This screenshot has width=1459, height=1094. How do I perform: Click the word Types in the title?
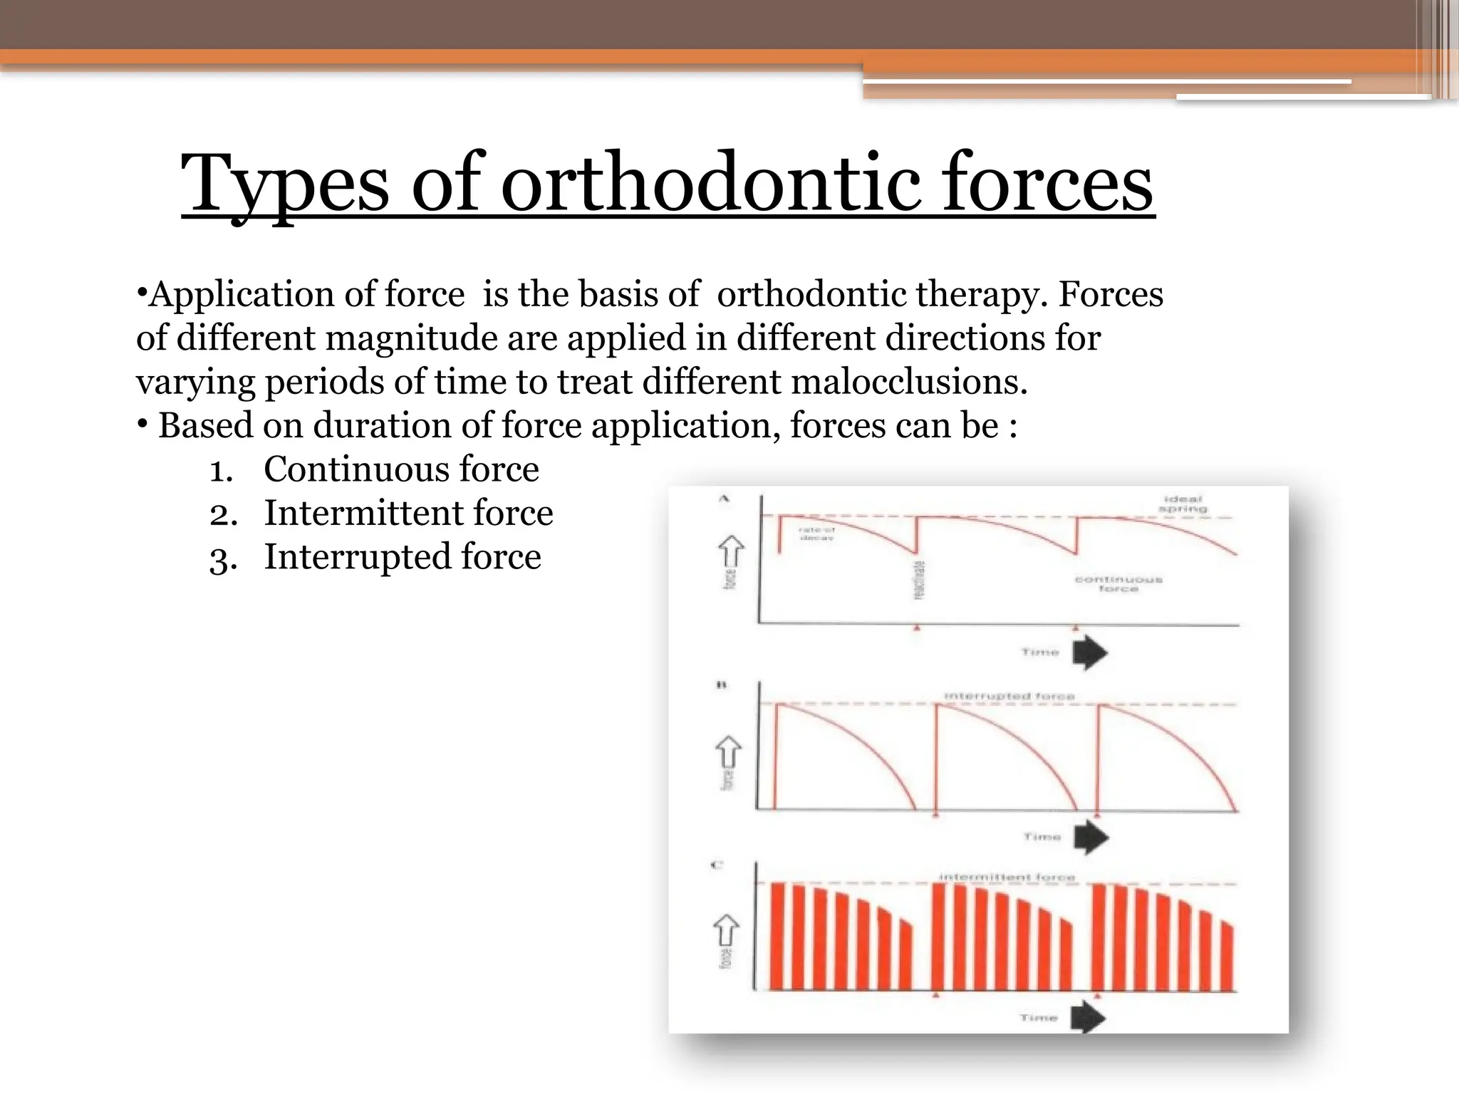(285, 184)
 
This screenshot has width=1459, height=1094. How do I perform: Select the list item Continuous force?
(401, 469)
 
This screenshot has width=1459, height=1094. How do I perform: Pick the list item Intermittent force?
(408, 513)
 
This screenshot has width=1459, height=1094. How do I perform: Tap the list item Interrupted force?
(403, 557)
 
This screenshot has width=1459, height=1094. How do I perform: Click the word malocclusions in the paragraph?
(909, 382)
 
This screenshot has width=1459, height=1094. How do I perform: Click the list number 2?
(222, 514)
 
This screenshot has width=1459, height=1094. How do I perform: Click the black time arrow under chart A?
(1090, 652)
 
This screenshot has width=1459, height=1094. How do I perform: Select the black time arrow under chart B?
(1091, 837)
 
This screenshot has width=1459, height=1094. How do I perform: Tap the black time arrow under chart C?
(1088, 1017)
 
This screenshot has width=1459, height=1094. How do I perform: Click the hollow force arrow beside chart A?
(731, 551)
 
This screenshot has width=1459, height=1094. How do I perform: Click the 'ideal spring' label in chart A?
(1183, 504)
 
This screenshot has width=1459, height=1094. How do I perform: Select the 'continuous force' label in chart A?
(1118, 584)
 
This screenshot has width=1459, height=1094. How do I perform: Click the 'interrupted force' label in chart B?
(1009, 695)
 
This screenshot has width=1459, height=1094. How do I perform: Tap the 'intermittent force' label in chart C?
(1007, 877)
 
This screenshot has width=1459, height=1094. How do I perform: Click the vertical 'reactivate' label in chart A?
(919, 579)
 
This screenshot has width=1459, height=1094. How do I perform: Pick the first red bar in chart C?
(777, 936)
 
